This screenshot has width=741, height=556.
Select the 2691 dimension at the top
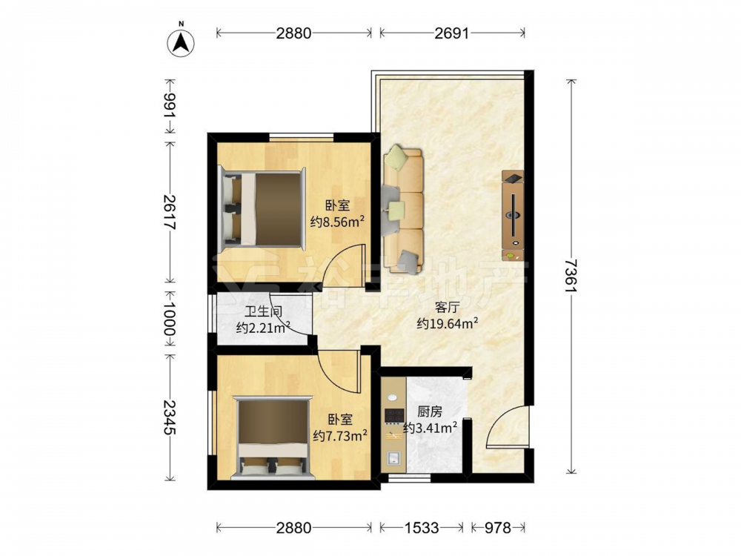point(452,33)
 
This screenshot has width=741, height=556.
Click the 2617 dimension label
point(170,212)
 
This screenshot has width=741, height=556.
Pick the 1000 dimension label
point(170,319)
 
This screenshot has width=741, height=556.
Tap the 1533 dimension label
point(422,527)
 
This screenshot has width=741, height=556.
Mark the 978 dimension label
point(498,527)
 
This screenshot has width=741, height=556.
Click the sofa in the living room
point(402,210)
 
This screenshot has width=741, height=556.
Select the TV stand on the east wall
point(513,215)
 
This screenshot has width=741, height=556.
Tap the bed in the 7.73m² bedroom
point(273,438)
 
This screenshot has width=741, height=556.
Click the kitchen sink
point(394,457)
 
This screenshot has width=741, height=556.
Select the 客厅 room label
point(447,308)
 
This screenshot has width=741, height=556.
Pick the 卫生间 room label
point(264,312)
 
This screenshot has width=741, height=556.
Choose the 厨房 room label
point(430,411)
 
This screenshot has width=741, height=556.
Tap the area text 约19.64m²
point(447,323)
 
